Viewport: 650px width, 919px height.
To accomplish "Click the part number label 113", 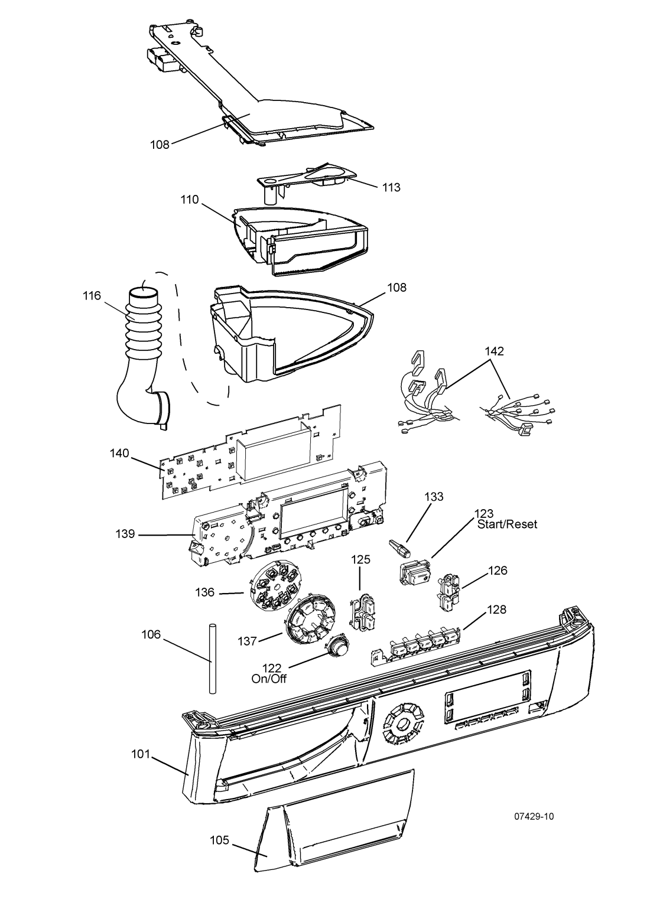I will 391,187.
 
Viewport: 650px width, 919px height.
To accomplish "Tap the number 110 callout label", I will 190,200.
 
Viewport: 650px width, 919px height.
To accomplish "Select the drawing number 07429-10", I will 534,817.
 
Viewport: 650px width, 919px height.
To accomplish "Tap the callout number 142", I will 495,351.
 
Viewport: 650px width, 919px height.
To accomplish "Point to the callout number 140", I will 120,454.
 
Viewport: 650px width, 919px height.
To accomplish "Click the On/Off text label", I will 269,679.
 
